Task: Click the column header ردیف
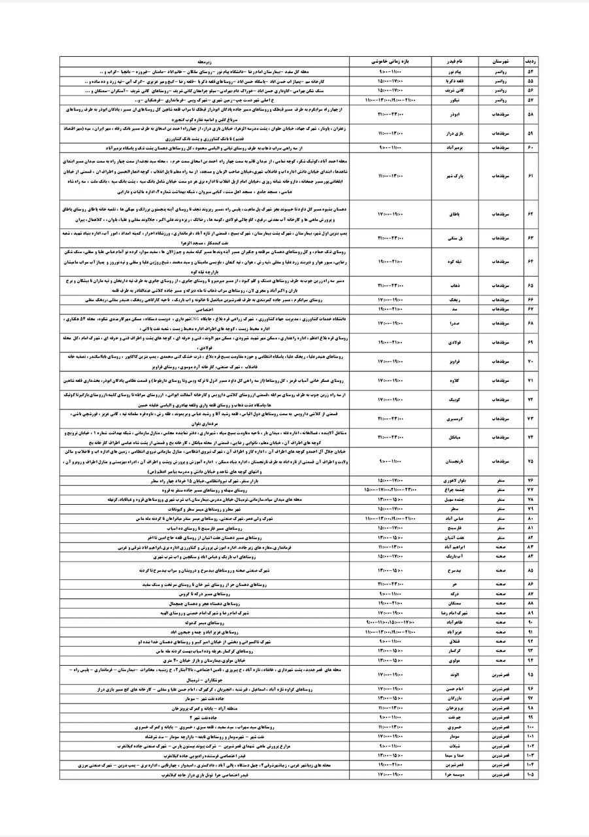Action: tap(530, 60)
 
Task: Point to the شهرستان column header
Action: tap(497, 60)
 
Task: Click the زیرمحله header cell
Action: tap(207, 60)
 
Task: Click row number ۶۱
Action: tap(530, 177)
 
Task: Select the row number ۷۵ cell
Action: tap(530, 460)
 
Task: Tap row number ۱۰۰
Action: tap(530, 726)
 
